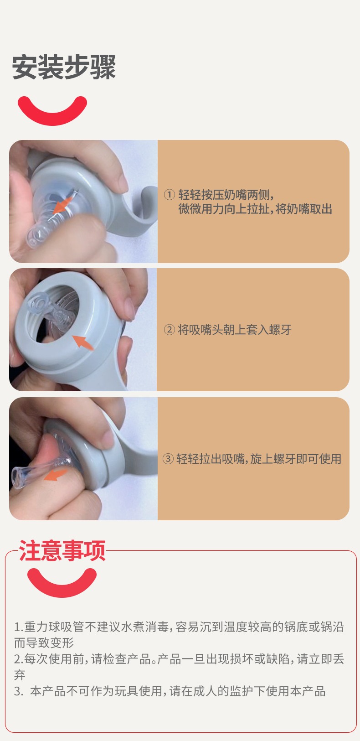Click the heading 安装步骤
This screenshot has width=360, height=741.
tap(64, 67)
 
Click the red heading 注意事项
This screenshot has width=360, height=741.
tap(62, 550)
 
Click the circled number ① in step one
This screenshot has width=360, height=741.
tap(169, 195)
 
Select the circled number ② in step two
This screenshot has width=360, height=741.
tap(169, 330)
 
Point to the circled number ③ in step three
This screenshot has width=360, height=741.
tap(168, 459)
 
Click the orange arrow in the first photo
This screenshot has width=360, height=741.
tap(62, 205)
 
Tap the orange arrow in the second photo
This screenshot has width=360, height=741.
tap(83, 342)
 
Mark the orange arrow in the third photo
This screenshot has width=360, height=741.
tap(55, 475)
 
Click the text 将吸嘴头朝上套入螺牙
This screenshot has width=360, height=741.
tap(234, 330)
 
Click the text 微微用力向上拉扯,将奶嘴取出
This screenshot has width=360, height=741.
tap(255, 209)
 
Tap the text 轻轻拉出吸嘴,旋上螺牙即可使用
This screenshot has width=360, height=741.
tap(259, 459)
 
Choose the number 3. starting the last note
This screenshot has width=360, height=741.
tap(19, 691)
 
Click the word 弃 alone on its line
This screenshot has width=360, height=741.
tap(20, 675)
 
